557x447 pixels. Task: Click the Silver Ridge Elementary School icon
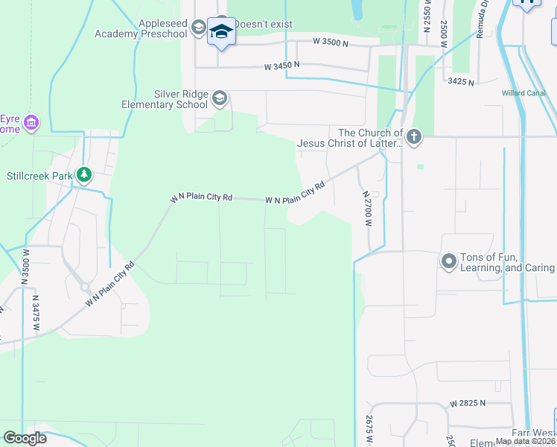pos(220,98)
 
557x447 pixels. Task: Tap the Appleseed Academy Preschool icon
pos(198,28)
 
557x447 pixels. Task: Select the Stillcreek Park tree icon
pos(85,174)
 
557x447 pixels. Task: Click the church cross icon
pos(414,137)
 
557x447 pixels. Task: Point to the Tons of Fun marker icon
pos(449,261)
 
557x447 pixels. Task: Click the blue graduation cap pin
pos(220,32)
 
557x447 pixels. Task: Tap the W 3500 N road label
pos(331,43)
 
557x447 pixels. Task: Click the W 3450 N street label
pos(281,66)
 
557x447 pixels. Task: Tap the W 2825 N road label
pos(467,403)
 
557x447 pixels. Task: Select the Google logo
pos(25,438)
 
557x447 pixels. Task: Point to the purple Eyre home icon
pos(31,121)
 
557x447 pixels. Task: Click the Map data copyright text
pos(524,441)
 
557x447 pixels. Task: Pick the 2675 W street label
pos(369,431)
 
